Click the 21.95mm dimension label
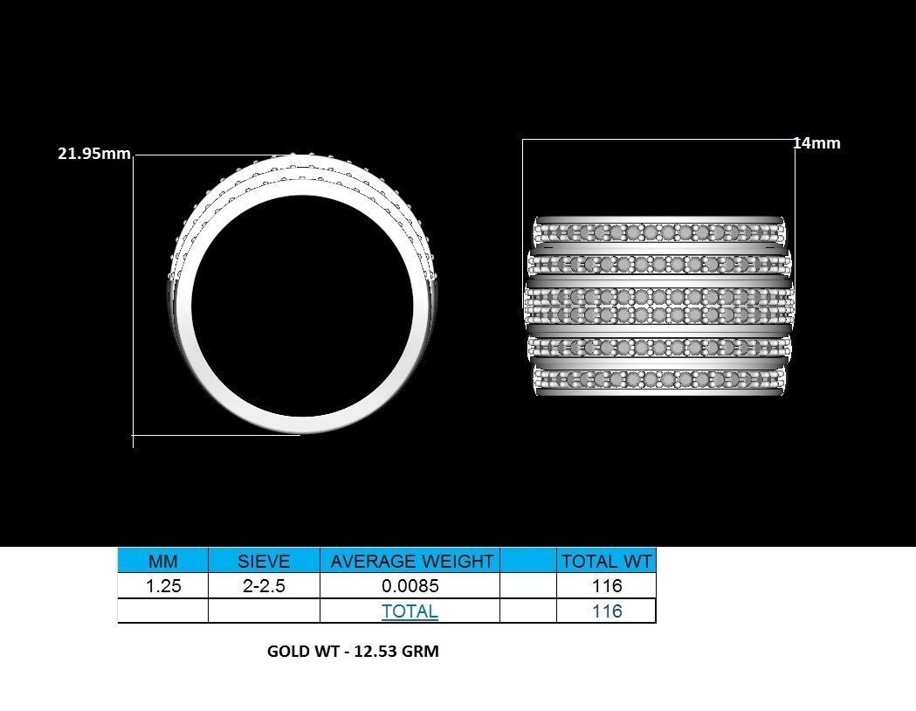pos(93,154)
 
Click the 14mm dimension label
pos(816,143)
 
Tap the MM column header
pos(162,561)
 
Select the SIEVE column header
pos(264,561)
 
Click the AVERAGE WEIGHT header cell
pos(410,561)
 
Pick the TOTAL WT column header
pos(606,561)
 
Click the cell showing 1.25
pos(162,586)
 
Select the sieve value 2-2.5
pos(264,586)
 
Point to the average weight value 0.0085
pos(410,586)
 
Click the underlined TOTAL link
pos(410,611)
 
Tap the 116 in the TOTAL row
pos(606,611)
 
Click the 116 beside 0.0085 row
pos(606,586)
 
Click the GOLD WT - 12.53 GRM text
pos(353,652)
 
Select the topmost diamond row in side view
pos(659,233)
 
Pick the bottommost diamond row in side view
pos(659,380)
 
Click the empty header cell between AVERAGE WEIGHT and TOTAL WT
pos(527,561)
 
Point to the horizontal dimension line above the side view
pos(659,139)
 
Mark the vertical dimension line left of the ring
pos(134,297)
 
